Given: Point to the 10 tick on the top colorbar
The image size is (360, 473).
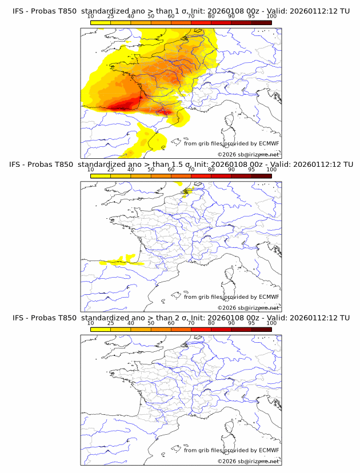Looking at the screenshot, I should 91,16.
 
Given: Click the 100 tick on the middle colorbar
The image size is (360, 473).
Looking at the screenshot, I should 271,170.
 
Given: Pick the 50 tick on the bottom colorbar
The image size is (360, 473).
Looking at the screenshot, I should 151,323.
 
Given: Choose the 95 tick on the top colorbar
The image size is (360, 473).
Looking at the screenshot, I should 251,16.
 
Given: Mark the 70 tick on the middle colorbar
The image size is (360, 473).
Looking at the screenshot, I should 191,170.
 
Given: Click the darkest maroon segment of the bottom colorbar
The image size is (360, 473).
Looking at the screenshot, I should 261,330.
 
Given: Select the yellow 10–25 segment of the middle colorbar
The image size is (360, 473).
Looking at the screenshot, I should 101,176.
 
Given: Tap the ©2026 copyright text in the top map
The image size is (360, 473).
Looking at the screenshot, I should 249,155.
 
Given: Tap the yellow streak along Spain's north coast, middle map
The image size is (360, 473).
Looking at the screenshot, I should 120,263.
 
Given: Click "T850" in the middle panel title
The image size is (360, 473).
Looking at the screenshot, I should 65,165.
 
